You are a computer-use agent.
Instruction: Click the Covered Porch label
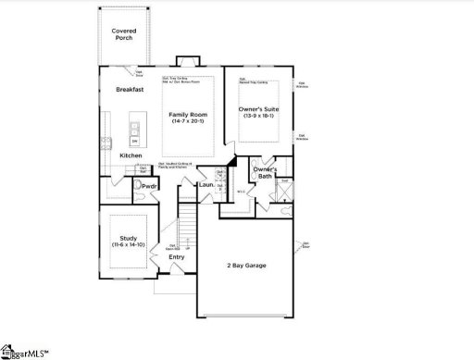point(124,35)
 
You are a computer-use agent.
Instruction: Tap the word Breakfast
point(131,90)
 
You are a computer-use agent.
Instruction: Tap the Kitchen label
point(131,155)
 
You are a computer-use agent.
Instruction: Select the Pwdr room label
point(148,186)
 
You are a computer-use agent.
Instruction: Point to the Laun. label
point(207,186)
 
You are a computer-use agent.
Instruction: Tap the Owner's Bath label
point(265,172)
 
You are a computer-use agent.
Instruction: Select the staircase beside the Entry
point(185,231)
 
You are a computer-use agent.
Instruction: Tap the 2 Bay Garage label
point(246,266)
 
